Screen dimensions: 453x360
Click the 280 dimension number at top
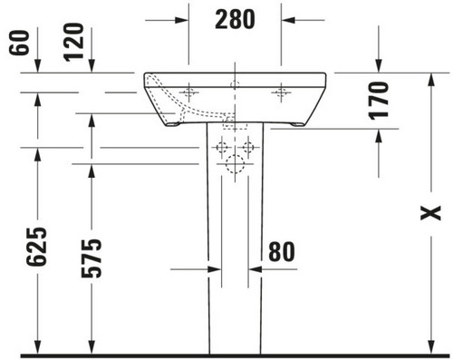pyautogui.click(x=235, y=19)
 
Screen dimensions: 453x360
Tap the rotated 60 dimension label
pyautogui.click(x=19, y=43)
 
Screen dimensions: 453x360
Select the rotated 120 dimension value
pyautogui.click(x=73, y=43)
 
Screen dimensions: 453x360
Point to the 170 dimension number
pyautogui.click(x=379, y=101)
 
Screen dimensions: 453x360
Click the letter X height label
pyautogui.click(x=431, y=213)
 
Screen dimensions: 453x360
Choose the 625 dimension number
pyautogui.click(x=37, y=247)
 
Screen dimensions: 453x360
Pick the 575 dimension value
pyautogui.click(x=92, y=258)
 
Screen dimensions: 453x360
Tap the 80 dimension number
pyautogui.click(x=282, y=251)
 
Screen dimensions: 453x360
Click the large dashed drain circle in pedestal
pyautogui.click(x=235, y=164)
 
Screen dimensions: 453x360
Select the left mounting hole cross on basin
pyautogui.click(x=189, y=92)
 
